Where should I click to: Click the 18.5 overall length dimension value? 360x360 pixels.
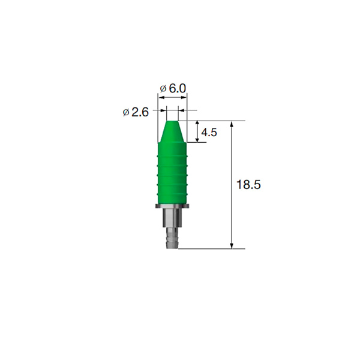(248, 185)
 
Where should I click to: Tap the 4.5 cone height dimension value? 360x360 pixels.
(209, 133)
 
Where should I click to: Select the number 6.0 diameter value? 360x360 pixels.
(177, 88)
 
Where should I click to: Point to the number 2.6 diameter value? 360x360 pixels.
(140, 112)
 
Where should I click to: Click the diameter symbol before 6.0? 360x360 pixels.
(163, 89)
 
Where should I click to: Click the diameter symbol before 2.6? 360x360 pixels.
(126, 113)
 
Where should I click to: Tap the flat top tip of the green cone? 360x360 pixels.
(172, 121)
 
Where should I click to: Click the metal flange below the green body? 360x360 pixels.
(172, 206)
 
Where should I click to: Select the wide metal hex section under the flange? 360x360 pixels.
(172, 218)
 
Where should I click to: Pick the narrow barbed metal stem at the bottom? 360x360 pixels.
(172, 238)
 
